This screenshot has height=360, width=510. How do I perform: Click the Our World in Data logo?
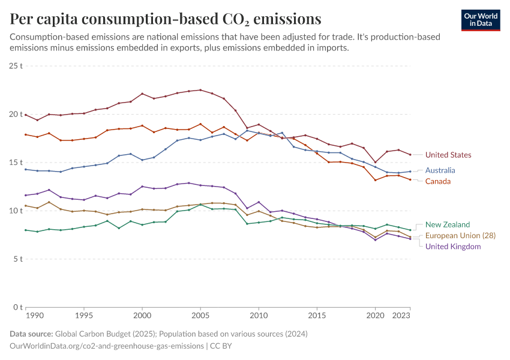(x=481, y=20)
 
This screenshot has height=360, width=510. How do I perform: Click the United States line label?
(x=448, y=155)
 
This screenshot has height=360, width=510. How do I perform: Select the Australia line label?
(x=440, y=170)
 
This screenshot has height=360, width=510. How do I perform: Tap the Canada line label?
(x=437, y=181)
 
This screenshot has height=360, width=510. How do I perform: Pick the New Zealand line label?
(x=448, y=224)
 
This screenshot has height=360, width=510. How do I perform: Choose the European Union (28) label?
(x=460, y=236)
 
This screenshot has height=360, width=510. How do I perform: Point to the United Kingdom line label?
(x=453, y=247)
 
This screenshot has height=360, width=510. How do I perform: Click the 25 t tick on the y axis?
(x=16, y=65)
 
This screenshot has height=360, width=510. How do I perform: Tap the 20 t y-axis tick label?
(x=16, y=114)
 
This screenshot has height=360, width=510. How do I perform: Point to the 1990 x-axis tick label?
(x=34, y=315)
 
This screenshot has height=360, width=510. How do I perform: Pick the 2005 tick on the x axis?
(x=200, y=315)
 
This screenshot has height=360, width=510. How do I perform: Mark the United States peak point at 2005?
(x=200, y=90)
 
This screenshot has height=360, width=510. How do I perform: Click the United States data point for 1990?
(x=26, y=115)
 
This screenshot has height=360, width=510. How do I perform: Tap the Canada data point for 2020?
(x=375, y=180)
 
